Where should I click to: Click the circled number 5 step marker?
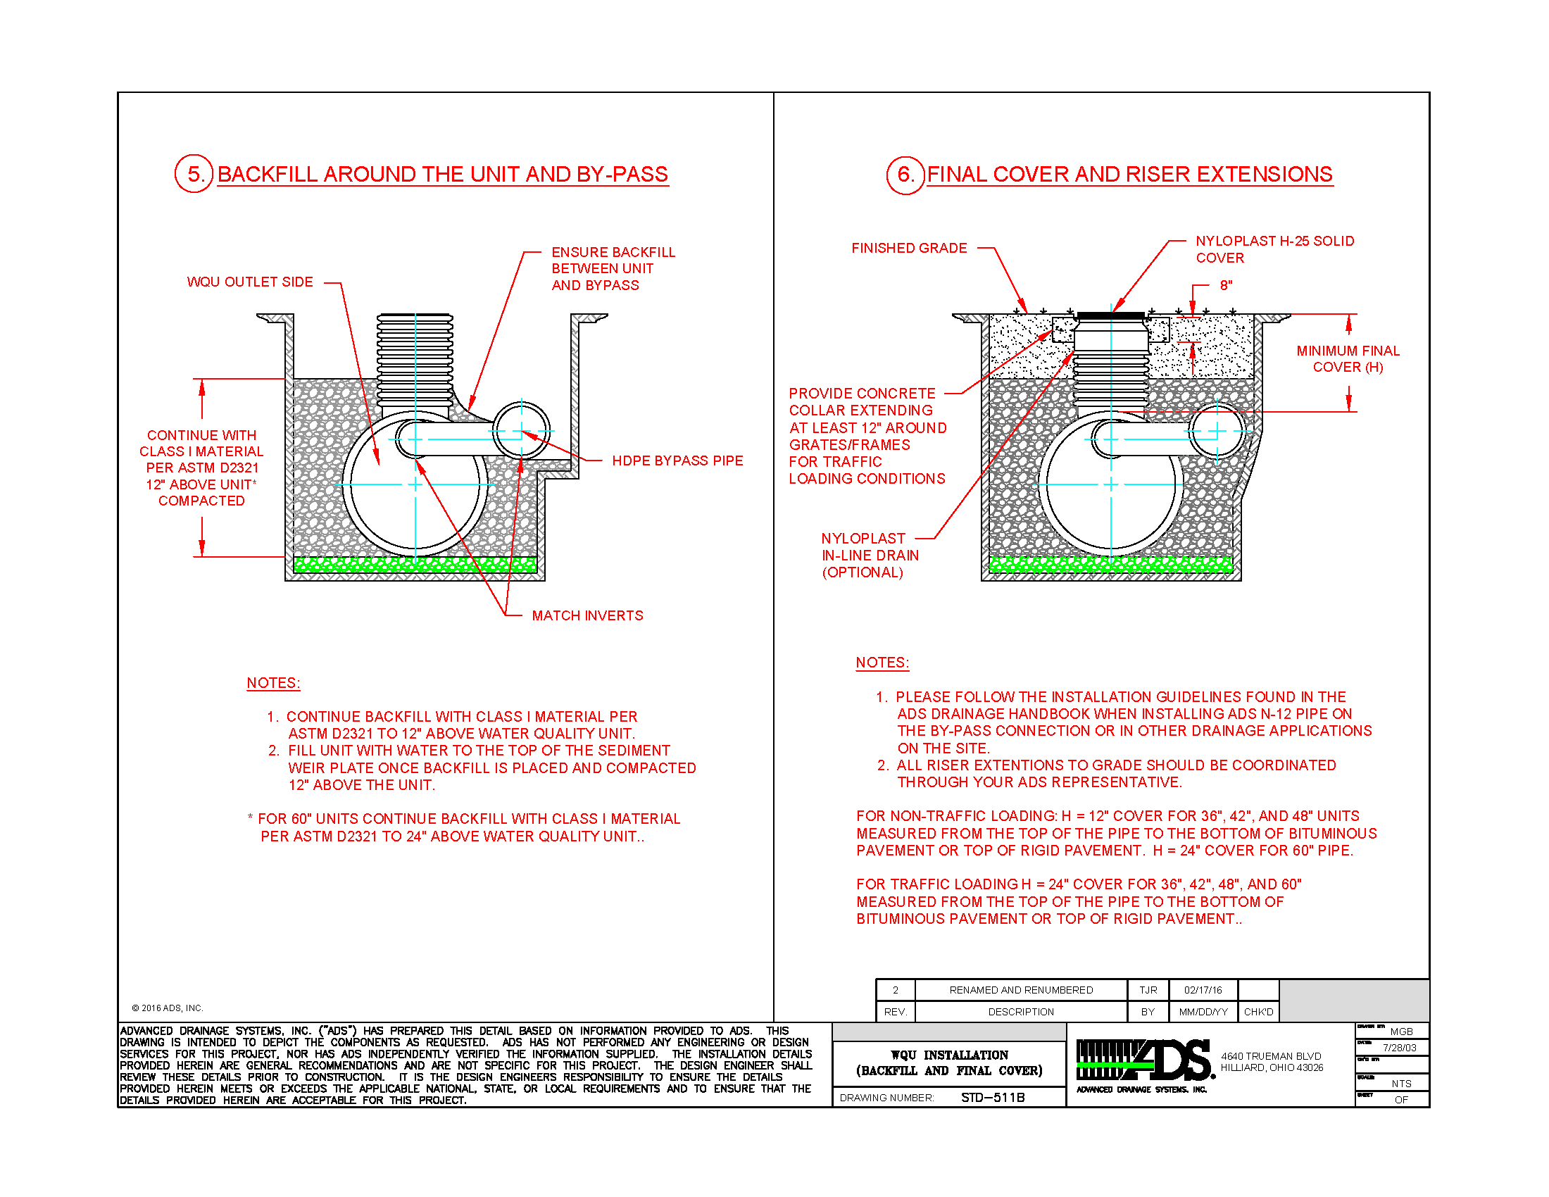point(194,174)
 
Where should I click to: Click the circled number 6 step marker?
point(905,175)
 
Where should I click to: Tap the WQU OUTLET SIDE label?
point(250,282)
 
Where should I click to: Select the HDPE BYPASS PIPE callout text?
point(677,461)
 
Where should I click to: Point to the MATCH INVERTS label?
point(587,616)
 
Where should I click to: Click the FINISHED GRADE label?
point(908,248)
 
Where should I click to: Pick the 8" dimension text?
point(1226,286)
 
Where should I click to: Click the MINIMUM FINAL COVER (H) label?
point(1347,359)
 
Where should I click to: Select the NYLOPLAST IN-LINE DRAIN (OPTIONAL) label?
point(869,556)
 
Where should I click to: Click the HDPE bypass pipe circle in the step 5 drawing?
point(521,430)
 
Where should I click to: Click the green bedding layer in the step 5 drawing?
point(415,565)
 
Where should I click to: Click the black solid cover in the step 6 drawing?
point(1110,315)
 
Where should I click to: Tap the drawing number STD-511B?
point(992,1098)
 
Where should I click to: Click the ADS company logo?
point(1143,1062)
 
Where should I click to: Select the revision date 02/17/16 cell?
point(1203,990)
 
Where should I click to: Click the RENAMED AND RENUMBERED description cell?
point(1021,990)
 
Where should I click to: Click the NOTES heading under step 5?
point(273,683)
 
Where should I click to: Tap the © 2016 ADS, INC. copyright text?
point(168,1008)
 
